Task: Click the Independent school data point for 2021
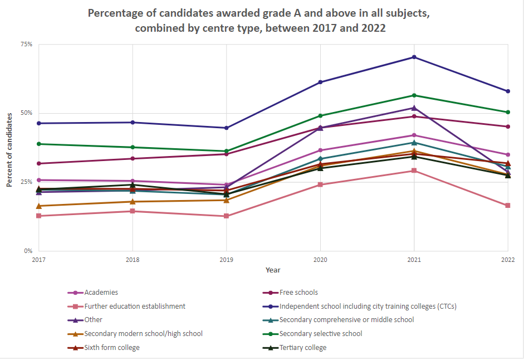click(414, 57)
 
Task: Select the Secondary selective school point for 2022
click(508, 112)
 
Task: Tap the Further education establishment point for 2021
click(414, 171)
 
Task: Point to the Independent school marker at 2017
click(38, 123)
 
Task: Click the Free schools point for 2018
click(133, 159)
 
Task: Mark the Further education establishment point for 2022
click(508, 206)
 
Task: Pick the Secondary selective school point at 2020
click(320, 116)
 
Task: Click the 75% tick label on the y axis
click(27, 44)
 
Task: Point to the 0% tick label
click(28, 251)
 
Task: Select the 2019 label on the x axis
click(226, 260)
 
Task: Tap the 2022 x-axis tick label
click(507, 260)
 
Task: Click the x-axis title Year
click(273, 270)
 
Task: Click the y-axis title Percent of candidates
click(9, 149)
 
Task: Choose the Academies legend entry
click(101, 292)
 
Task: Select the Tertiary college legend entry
click(302, 348)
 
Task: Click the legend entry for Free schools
click(298, 292)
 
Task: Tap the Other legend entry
click(94, 320)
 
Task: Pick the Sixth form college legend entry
click(112, 348)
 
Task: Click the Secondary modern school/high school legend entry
click(143, 334)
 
